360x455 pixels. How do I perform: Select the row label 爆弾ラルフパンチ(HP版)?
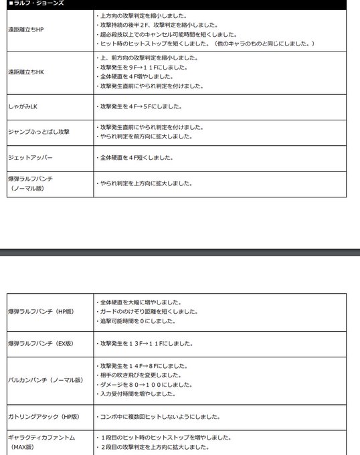click(40, 311)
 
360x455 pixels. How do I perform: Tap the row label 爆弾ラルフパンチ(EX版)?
click(40, 343)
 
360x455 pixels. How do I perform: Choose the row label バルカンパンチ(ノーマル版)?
click(46, 379)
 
